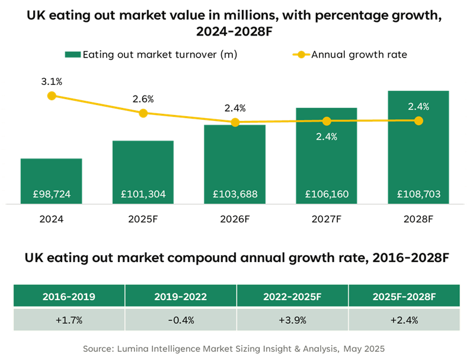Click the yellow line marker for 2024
click(x=52, y=95)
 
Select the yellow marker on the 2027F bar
click(x=327, y=121)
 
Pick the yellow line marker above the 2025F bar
click(x=143, y=113)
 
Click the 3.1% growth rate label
click(x=52, y=81)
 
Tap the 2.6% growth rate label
click(x=143, y=98)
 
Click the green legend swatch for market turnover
click(x=72, y=55)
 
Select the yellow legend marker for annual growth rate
click(x=302, y=55)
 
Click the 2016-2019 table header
click(x=69, y=296)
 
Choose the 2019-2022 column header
click(x=180, y=296)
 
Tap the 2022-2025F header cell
click(x=292, y=296)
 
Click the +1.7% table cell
click(x=69, y=320)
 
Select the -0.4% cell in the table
click(x=180, y=320)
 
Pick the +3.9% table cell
click(x=292, y=320)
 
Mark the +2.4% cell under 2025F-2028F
click(x=404, y=320)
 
